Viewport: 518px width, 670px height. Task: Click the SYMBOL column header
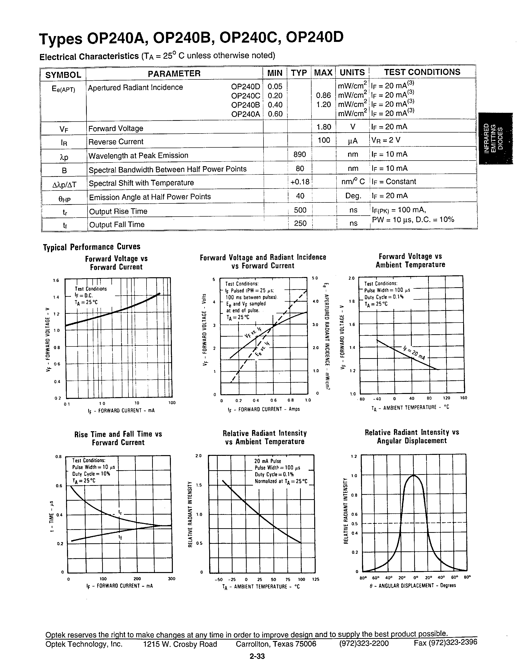[63, 75]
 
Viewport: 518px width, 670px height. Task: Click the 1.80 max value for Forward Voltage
[324, 127]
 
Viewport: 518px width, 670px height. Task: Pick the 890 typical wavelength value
[300, 154]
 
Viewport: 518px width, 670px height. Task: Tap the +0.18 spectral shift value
[300, 182]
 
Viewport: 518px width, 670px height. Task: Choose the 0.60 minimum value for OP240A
[275, 114]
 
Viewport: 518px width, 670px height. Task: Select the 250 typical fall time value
[300, 223]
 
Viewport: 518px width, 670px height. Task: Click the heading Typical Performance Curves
[91, 247]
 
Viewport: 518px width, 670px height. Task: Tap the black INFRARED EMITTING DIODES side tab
[495, 138]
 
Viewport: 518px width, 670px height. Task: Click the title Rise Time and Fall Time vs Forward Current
[118, 438]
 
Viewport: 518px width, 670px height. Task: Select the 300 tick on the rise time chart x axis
[172, 579]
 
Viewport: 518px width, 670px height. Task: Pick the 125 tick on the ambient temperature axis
[315, 580]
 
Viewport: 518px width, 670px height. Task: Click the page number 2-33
[257, 656]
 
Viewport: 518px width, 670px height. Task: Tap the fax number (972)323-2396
[445, 642]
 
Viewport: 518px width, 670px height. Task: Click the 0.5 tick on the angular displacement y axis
[354, 524]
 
